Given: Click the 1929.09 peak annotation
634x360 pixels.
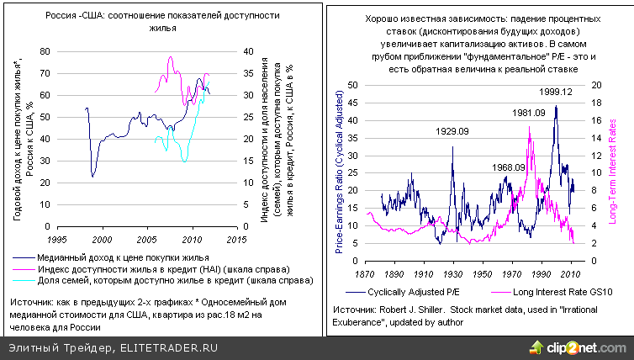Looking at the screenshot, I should [x=452, y=130].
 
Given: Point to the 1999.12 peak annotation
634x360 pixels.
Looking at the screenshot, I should [x=556, y=91].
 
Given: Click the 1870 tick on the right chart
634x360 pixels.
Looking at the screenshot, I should [x=365, y=274].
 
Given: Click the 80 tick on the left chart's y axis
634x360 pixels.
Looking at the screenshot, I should [x=44, y=51].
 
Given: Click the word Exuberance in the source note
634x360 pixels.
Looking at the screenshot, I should [x=356, y=321].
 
